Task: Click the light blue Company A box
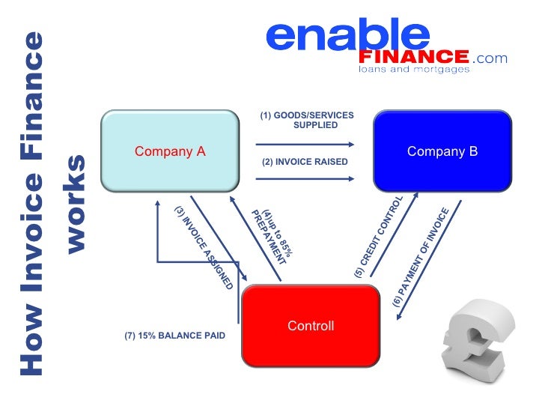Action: point(170,152)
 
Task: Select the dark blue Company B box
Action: point(442,152)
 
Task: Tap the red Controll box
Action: point(311,326)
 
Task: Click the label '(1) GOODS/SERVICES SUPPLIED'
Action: point(307,120)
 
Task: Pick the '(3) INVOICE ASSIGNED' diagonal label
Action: point(204,247)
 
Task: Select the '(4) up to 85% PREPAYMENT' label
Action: point(271,237)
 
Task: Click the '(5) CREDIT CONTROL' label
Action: point(379,238)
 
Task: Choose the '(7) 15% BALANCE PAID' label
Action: point(174,336)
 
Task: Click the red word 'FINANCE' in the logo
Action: point(414,58)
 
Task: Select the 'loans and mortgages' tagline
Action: point(414,70)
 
